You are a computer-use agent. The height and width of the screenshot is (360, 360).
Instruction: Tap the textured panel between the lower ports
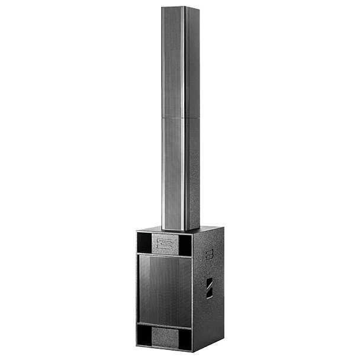(x=165, y=337)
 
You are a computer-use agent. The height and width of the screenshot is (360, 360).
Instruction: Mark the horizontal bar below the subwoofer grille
(x=165, y=324)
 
